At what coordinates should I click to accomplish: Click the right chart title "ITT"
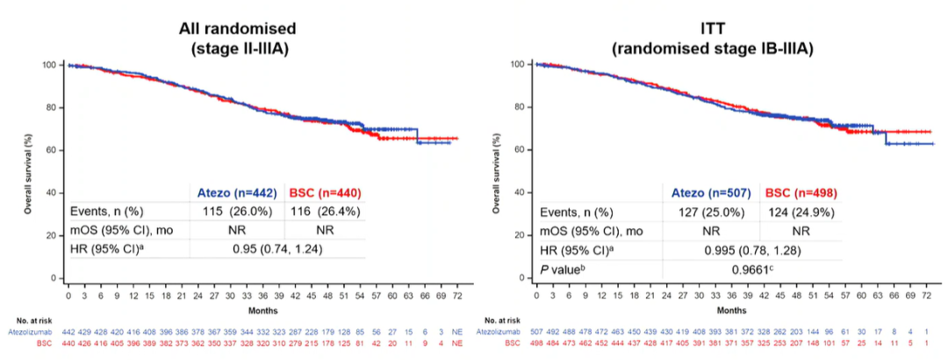pyautogui.click(x=712, y=26)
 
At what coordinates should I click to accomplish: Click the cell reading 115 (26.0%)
pyautogui.click(x=238, y=212)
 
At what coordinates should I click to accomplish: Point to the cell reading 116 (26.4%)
pyautogui.click(x=324, y=212)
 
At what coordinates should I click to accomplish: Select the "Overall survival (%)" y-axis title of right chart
pyautogui.click(x=496, y=170)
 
